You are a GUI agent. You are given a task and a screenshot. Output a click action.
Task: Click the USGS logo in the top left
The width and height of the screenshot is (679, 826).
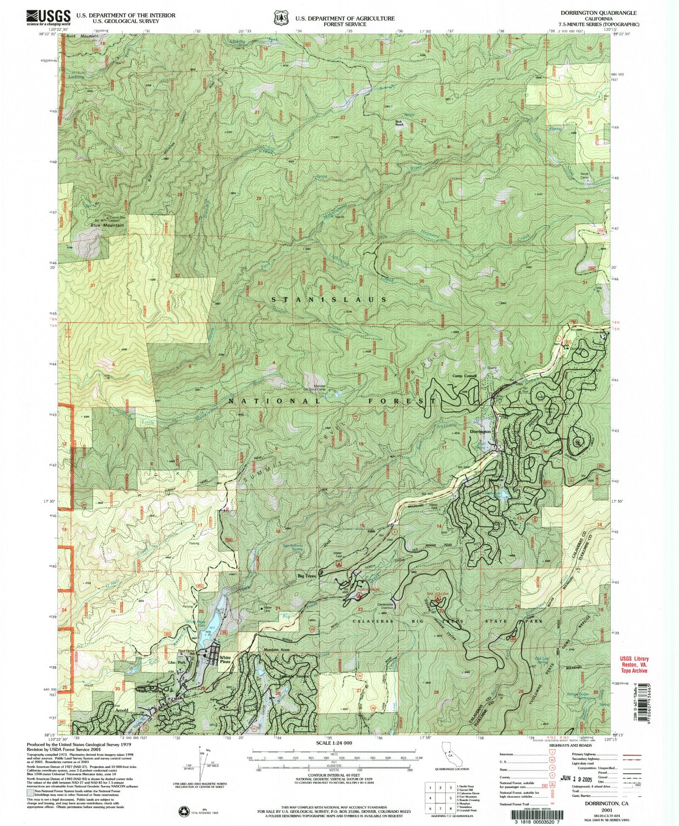pyautogui.click(x=48, y=17)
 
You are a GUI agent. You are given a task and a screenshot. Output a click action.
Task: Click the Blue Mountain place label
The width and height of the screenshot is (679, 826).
pyautogui.click(x=107, y=225)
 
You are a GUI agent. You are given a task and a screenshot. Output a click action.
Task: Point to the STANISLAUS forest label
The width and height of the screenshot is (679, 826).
pyautogui.click(x=329, y=300)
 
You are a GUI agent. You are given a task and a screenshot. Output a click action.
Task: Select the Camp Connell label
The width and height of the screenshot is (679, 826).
pyautogui.click(x=464, y=376)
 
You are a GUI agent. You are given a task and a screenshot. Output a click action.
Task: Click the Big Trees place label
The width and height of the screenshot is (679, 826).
pyautogui.click(x=306, y=577)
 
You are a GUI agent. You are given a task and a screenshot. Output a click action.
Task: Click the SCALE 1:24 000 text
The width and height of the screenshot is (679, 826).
pyautogui.click(x=328, y=743)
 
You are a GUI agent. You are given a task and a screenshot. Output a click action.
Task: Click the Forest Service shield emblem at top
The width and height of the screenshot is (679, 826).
pyautogui.click(x=279, y=19)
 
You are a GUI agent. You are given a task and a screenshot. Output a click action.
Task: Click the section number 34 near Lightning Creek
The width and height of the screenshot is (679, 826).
pyautogui.click(x=333, y=288)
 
